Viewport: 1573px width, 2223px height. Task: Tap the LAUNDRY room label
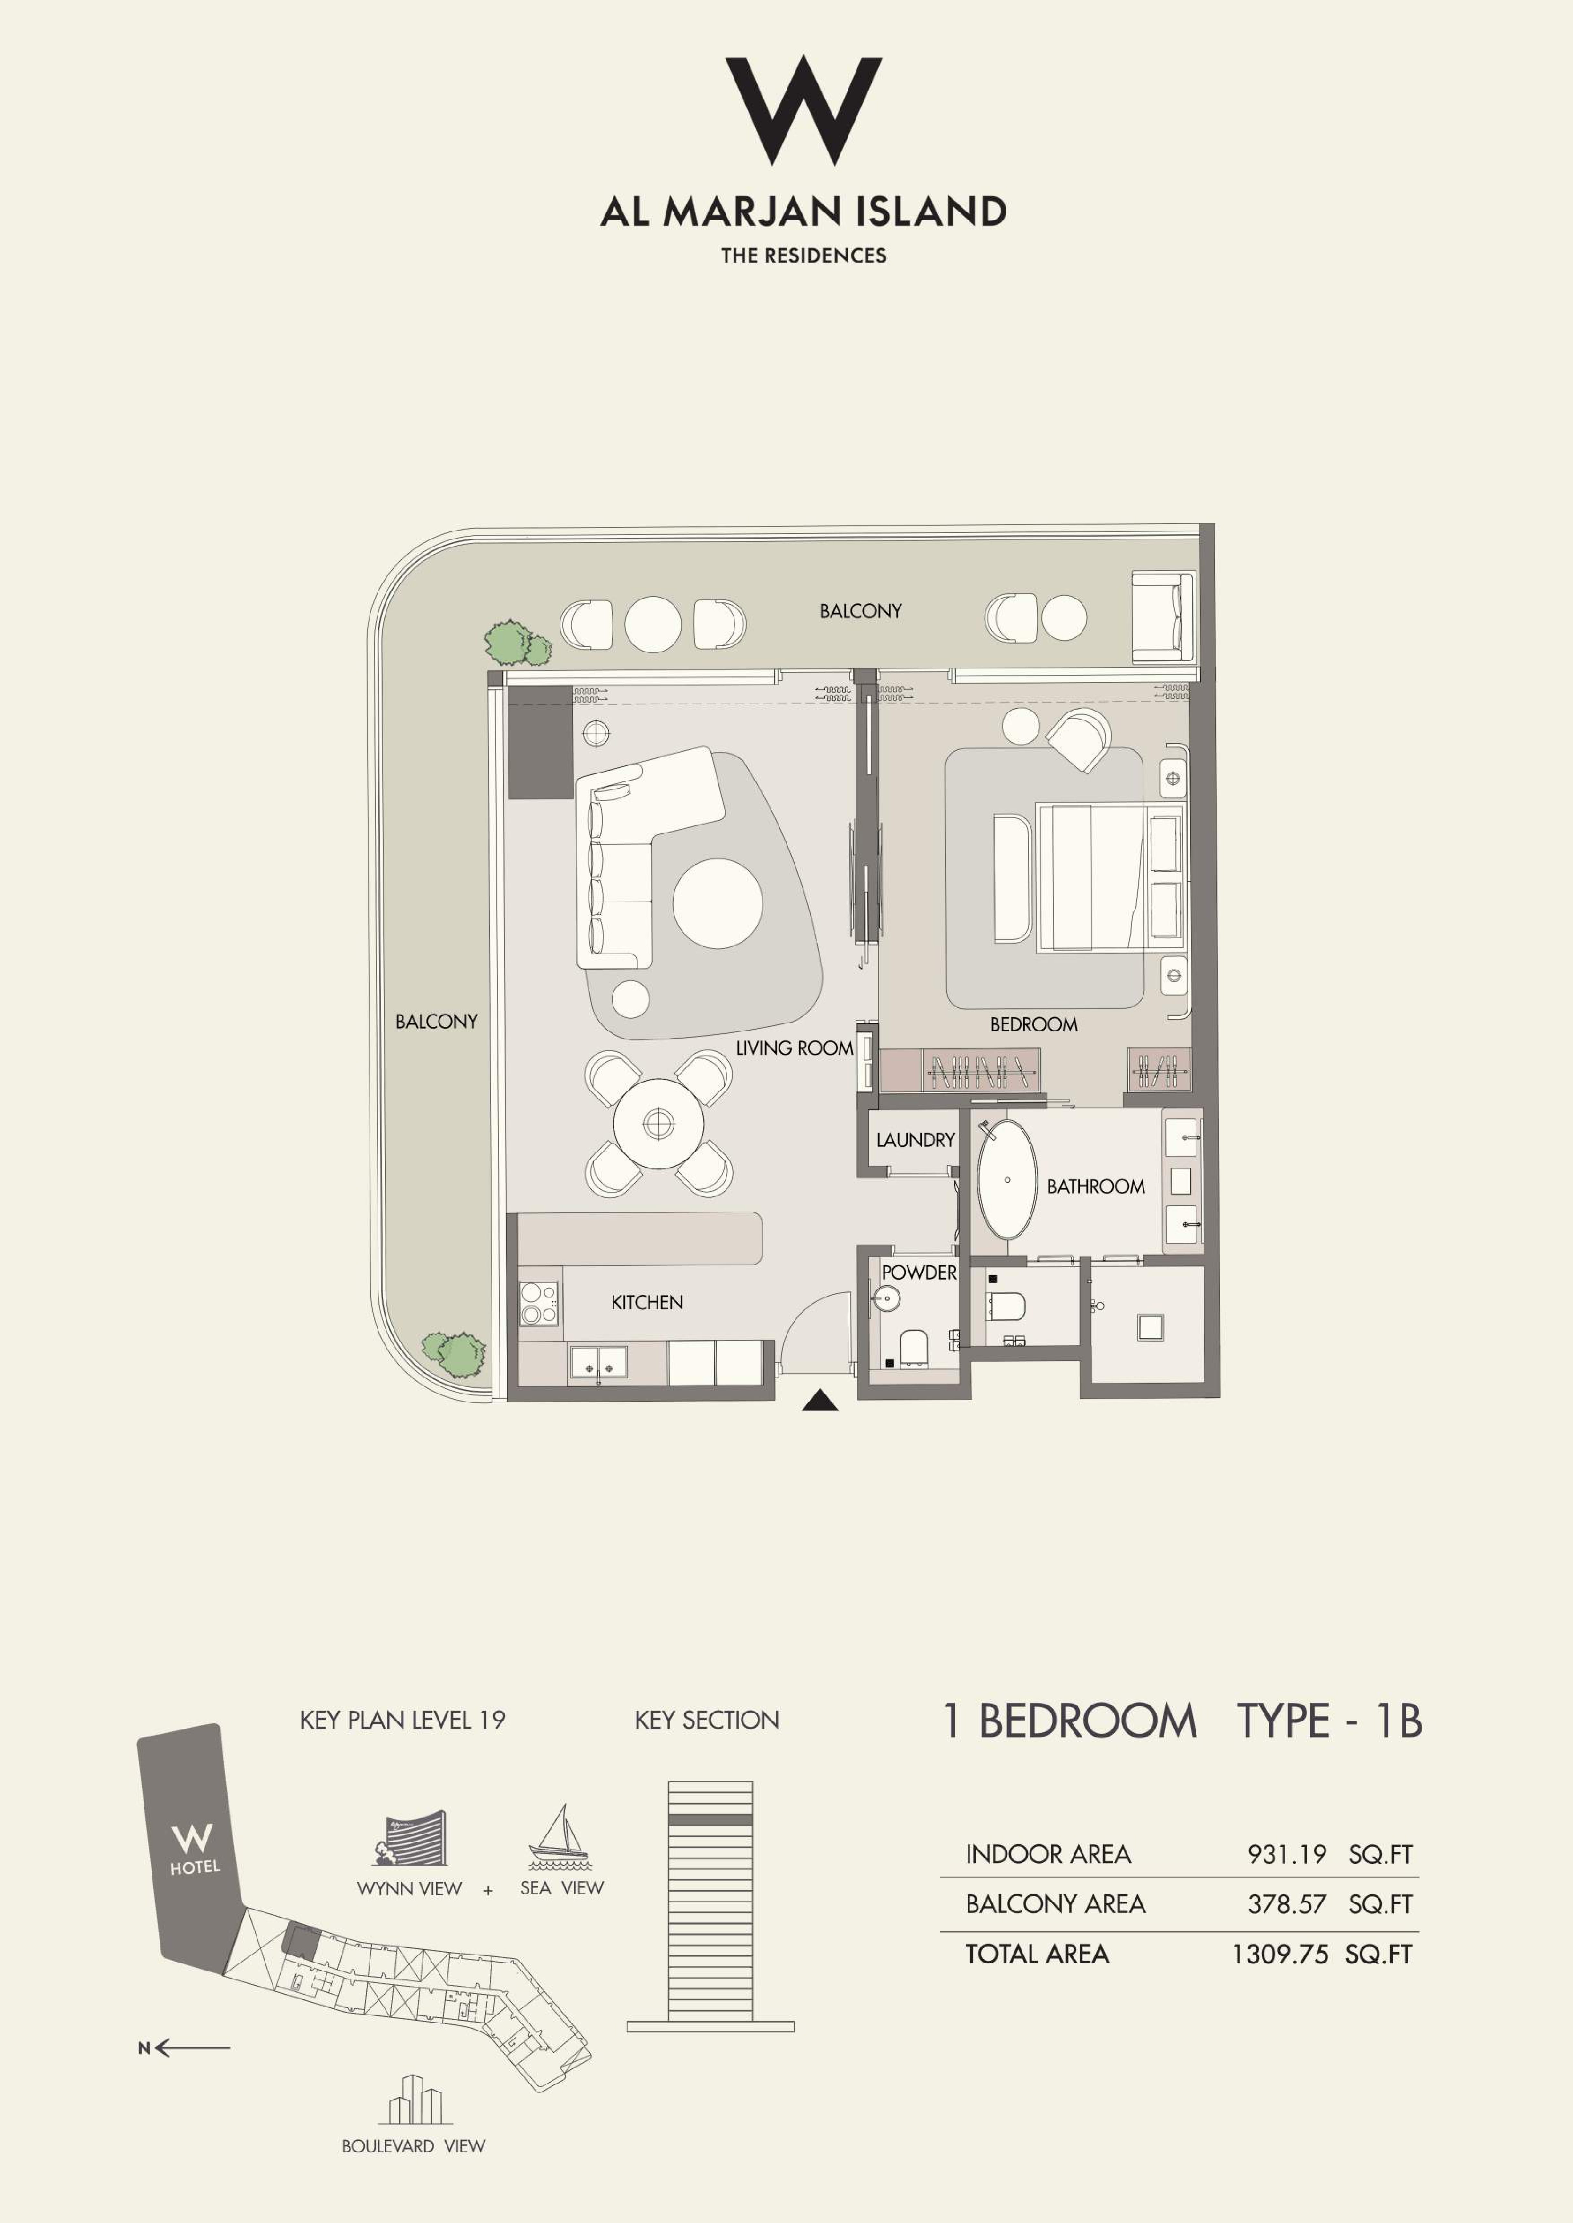(x=915, y=1141)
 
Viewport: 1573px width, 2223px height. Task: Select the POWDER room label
(x=918, y=1272)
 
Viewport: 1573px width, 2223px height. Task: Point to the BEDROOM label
(x=1034, y=1024)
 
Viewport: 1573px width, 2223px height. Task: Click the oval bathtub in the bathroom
(x=1007, y=1180)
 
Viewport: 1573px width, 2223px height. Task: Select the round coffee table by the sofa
(x=718, y=903)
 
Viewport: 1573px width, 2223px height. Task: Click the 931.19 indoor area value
(x=1286, y=1854)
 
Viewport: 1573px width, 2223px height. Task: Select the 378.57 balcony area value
(x=1286, y=1905)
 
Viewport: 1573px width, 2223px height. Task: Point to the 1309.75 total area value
(x=1280, y=1954)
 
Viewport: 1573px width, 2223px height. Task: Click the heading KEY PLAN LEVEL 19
(x=403, y=1719)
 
